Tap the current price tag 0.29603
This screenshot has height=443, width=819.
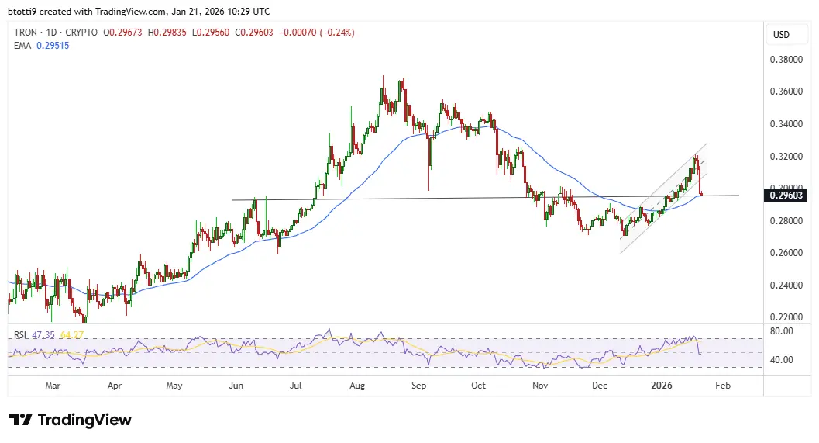(786, 196)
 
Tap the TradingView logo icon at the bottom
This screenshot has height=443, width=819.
(21, 420)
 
